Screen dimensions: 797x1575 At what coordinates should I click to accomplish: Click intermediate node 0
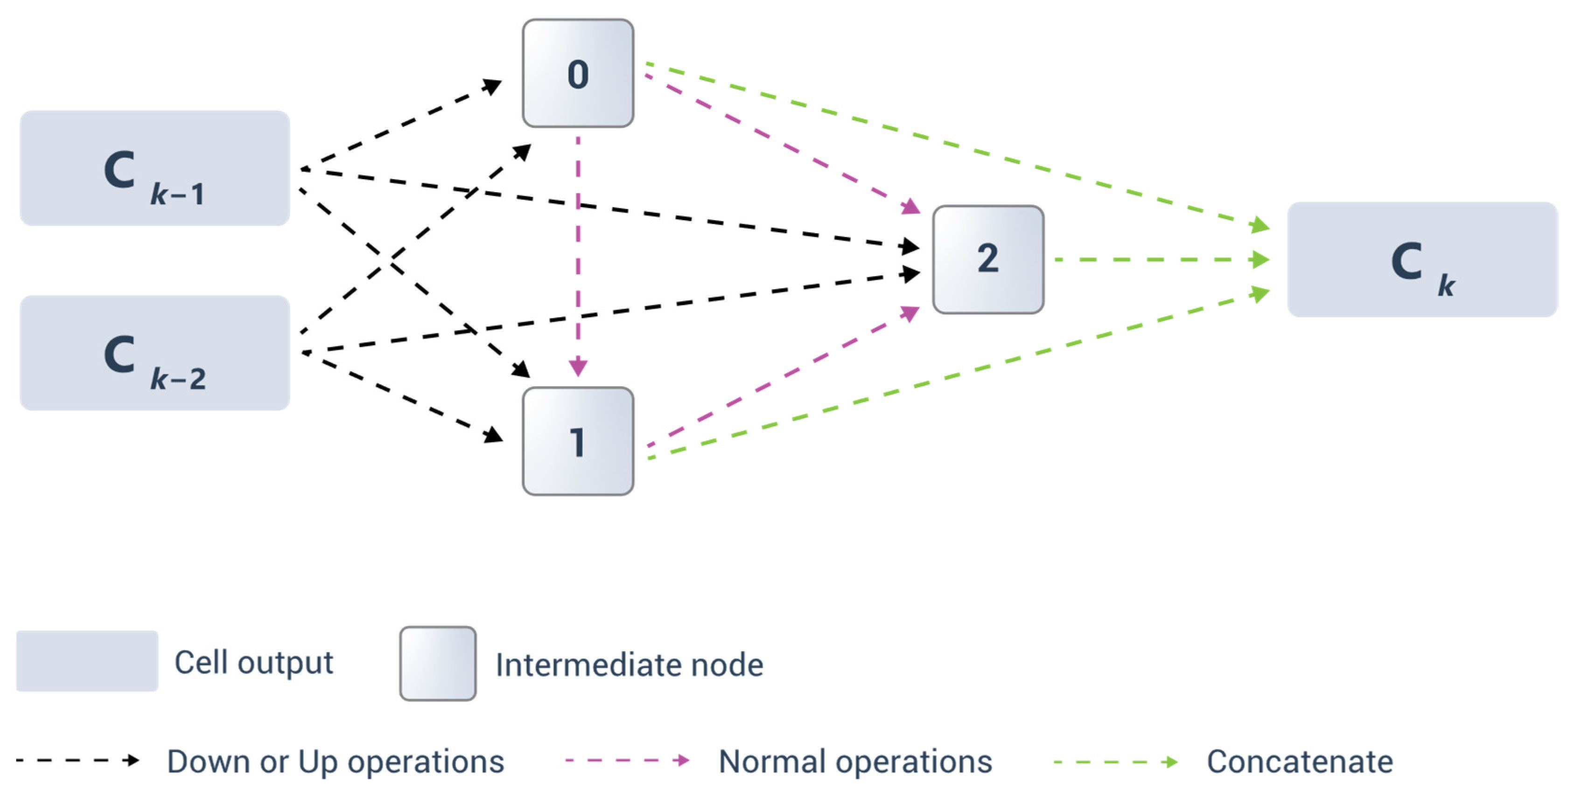point(578,73)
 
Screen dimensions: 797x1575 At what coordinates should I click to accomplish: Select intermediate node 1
point(578,441)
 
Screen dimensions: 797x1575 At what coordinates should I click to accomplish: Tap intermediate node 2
point(988,259)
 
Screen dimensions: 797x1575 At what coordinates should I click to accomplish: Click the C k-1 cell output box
point(154,168)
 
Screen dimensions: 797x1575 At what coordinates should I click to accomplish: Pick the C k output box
point(1422,259)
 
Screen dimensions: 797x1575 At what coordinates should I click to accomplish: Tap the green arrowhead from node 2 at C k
point(1260,259)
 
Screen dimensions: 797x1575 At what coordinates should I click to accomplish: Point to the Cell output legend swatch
point(87,661)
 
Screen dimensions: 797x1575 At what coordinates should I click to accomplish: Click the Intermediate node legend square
point(438,663)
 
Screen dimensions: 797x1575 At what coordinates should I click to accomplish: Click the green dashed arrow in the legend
point(1116,762)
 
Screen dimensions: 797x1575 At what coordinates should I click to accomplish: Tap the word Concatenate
point(1300,762)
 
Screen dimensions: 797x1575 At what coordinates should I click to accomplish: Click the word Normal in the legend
point(771,762)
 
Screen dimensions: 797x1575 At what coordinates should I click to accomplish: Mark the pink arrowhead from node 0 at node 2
point(911,207)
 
